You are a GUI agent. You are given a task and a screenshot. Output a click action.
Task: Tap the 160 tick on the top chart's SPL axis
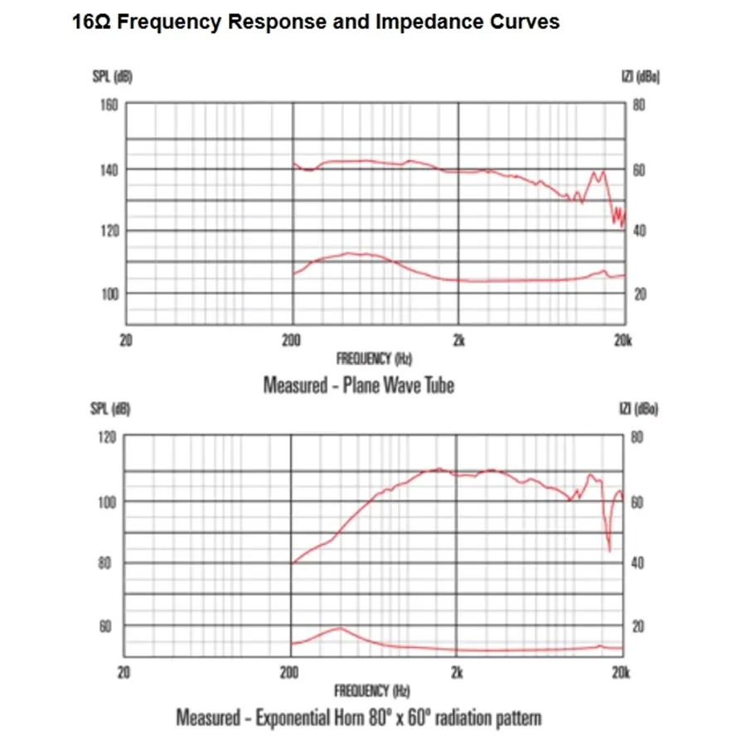point(109,105)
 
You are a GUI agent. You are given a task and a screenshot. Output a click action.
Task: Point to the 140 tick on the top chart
point(109,169)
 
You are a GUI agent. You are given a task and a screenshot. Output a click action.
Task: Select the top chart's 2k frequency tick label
point(458,340)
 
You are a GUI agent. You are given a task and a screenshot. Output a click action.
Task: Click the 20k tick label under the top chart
point(623,340)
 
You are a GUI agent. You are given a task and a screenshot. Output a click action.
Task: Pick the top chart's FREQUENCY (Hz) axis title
point(374,359)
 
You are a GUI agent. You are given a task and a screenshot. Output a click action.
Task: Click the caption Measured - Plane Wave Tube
point(358,385)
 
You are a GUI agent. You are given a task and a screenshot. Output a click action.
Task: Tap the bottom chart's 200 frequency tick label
point(290,672)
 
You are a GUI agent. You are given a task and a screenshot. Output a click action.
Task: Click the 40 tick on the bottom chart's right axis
point(637,564)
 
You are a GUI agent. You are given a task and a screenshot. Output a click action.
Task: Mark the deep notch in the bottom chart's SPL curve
point(609,550)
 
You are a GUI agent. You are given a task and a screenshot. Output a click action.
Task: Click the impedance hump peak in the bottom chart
point(339,627)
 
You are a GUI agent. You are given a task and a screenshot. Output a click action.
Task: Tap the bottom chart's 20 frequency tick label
point(124,672)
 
